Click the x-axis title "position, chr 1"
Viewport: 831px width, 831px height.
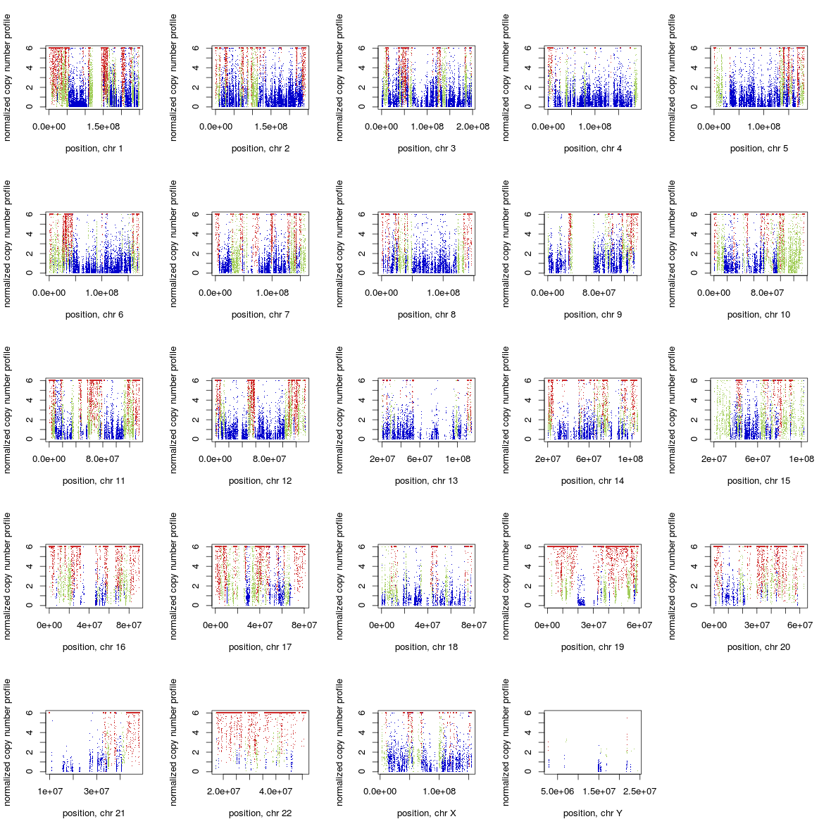pyautogui.click(x=94, y=149)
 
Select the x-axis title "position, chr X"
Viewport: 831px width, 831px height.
pyautogui.click(x=426, y=813)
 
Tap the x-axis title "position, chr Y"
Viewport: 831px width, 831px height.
pyautogui.click(x=592, y=813)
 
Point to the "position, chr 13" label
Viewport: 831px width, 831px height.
pyautogui.click(x=426, y=481)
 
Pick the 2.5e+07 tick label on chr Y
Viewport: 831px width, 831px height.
pyautogui.click(x=639, y=792)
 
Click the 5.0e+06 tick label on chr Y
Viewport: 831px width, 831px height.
pyautogui.click(x=558, y=792)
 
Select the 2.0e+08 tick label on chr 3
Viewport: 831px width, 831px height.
pyautogui.click(x=473, y=127)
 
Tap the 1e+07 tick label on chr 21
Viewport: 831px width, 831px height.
pyautogui.click(x=50, y=792)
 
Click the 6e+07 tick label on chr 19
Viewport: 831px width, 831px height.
pyautogui.click(x=639, y=625)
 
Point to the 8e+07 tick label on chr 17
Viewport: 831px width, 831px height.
pyautogui.click(x=304, y=625)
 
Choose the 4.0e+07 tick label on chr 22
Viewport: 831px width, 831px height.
pyautogui.click(x=275, y=792)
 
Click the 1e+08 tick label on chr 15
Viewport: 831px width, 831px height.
pyautogui.click(x=801, y=459)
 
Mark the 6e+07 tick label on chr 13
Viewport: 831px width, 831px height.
pyautogui.click(x=420, y=459)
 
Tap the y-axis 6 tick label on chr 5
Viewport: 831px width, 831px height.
pyautogui.click(x=694, y=48)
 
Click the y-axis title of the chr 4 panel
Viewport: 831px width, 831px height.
pyautogui.click(x=506, y=77)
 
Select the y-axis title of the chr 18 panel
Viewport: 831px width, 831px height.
pyautogui.click(x=339, y=576)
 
